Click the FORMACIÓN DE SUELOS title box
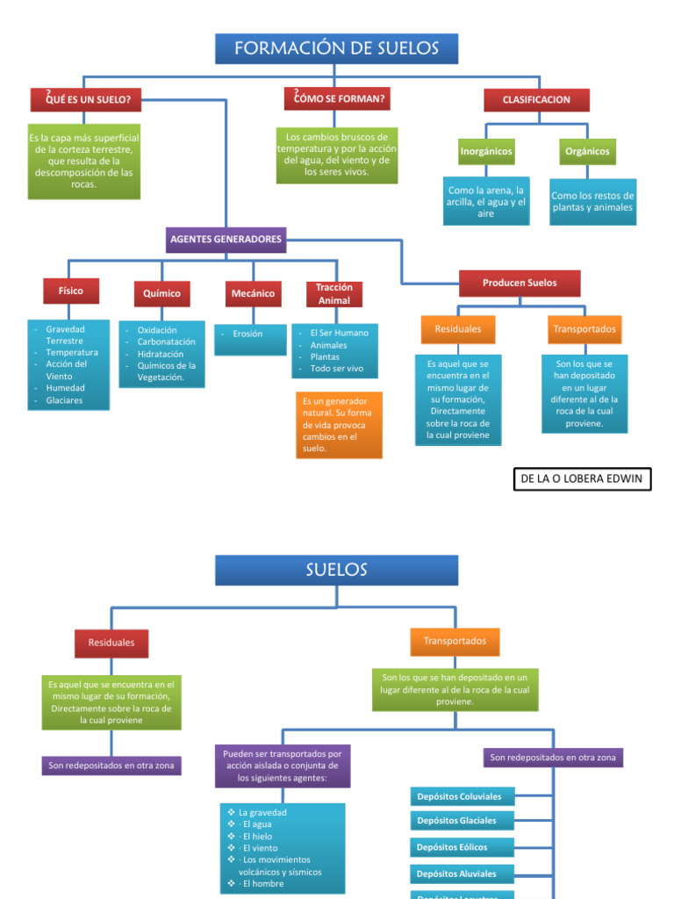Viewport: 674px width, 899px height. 337,48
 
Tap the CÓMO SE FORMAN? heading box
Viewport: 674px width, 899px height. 337,99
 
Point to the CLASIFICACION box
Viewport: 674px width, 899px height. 535,100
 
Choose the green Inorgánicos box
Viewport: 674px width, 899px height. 486,152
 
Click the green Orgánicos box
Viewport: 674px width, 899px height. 587,152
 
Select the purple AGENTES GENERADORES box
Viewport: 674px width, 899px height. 226,240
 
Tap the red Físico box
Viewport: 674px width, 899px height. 70,291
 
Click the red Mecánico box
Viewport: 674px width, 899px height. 253,293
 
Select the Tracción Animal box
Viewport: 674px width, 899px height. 333,294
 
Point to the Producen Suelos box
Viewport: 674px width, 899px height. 520,283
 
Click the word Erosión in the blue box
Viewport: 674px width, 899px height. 247,334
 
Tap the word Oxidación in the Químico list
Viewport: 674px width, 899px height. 157,330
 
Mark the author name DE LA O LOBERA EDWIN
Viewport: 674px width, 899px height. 582,478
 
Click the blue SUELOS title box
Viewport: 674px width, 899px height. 337,570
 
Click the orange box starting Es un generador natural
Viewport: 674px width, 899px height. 339,425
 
